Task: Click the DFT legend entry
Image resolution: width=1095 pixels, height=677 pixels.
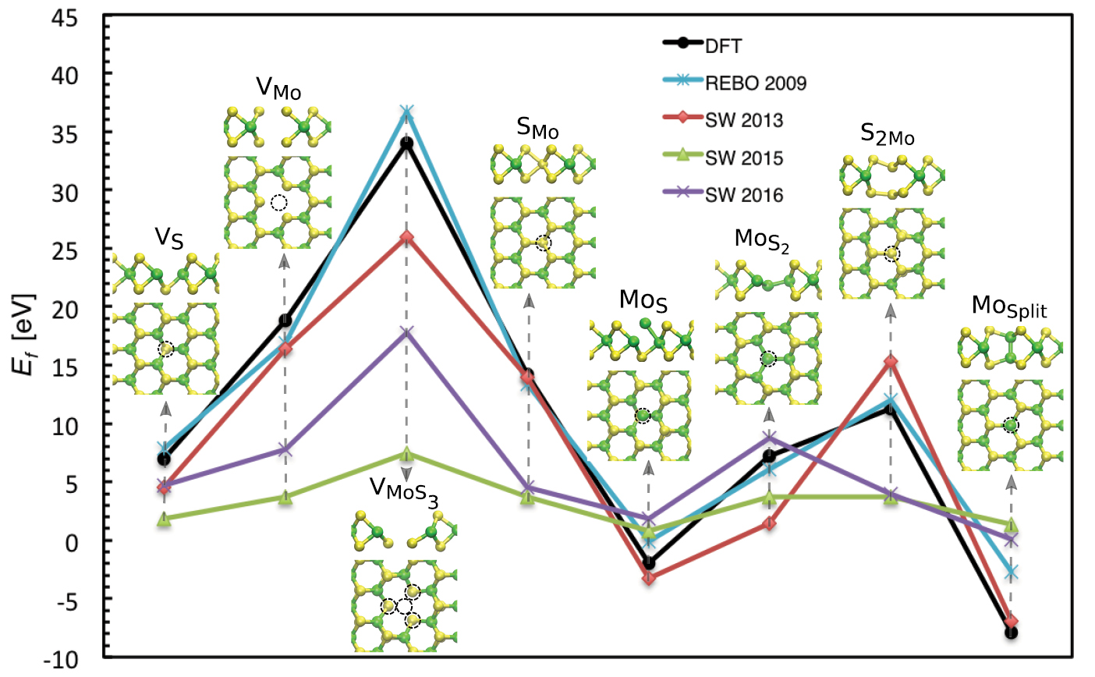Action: pyautogui.click(x=722, y=45)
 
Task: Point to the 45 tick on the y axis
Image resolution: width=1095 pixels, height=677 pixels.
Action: pyautogui.click(x=63, y=16)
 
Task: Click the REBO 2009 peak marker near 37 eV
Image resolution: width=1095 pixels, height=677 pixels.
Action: pyautogui.click(x=406, y=112)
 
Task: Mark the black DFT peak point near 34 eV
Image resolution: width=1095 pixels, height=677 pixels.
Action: pyautogui.click(x=406, y=144)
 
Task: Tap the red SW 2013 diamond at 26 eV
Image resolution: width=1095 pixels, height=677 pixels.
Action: pyautogui.click(x=406, y=237)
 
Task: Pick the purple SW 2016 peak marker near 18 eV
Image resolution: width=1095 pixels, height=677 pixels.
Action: pyautogui.click(x=406, y=333)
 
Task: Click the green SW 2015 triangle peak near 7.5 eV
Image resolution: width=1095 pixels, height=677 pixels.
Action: pyautogui.click(x=406, y=454)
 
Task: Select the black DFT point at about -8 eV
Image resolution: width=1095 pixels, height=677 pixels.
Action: pyautogui.click(x=1011, y=633)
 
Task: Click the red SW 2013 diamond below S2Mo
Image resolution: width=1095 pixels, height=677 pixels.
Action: pyautogui.click(x=890, y=362)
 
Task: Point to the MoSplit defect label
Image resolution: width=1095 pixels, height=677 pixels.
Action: pyautogui.click(x=1009, y=307)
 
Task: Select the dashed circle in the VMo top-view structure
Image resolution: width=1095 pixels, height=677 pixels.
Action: pyautogui.click(x=278, y=203)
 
